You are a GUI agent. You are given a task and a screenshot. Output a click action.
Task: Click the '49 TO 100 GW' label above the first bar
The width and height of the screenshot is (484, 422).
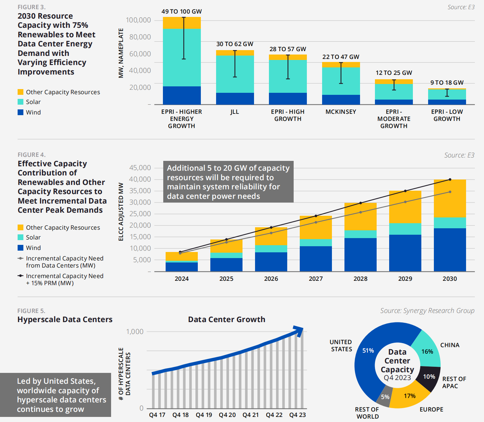coord(182,12)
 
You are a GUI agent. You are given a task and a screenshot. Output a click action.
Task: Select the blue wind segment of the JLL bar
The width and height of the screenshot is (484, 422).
coord(235,99)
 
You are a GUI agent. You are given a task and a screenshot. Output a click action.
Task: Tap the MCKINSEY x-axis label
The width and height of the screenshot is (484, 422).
coord(341,112)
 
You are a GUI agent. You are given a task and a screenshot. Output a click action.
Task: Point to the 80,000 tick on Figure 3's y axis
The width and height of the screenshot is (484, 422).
coord(140,37)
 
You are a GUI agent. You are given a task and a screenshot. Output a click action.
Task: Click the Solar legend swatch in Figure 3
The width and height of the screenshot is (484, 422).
coord(21,102)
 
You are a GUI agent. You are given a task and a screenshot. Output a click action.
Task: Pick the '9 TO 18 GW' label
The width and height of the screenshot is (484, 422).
coord(447,83)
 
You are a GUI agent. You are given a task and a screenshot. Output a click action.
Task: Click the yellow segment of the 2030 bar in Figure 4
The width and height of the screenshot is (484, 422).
coord(450,198)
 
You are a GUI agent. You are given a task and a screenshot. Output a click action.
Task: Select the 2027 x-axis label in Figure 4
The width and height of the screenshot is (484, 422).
coord(316,279)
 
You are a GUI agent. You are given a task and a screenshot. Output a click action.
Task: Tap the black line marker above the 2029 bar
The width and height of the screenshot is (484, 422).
coord(405,191)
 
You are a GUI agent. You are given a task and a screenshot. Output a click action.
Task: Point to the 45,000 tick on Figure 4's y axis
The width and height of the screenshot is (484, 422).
coord(140,168)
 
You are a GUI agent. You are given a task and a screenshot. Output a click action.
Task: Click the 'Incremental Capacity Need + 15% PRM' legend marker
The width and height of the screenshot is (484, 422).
coord(21,276)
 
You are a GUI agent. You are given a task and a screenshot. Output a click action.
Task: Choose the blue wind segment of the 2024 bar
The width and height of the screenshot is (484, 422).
coord(182,267)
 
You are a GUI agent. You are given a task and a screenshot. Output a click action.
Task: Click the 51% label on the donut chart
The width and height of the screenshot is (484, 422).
coord(368,351)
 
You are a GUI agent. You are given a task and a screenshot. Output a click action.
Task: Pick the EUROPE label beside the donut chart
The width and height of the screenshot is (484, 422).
coord(431,409)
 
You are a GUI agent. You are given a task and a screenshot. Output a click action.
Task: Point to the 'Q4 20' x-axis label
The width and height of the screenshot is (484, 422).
coord(227,415)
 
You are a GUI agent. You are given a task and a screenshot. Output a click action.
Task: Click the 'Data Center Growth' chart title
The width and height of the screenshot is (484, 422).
coord(227,319)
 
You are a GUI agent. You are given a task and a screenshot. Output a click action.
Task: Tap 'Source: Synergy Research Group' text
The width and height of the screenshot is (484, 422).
coord(427,311)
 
